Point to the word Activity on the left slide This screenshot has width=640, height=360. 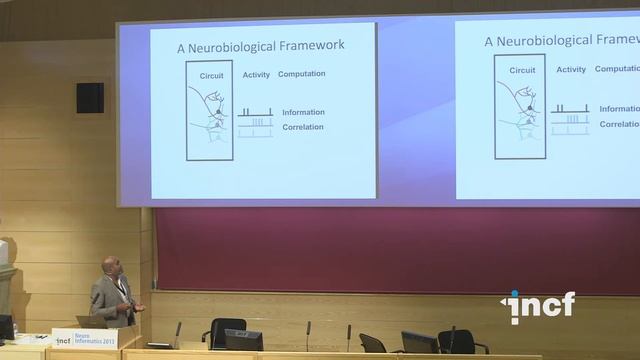point(256,74)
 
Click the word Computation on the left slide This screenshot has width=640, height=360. point(301,74)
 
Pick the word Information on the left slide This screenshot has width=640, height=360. point(303,112)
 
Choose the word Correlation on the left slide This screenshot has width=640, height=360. point(303,127)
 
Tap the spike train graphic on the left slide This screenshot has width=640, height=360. point(255,121)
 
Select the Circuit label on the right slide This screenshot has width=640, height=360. point(522,70)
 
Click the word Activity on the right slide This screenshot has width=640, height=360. point(571,69)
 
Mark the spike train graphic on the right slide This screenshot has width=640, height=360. point(570,118)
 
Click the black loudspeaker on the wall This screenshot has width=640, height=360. point(90,97)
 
